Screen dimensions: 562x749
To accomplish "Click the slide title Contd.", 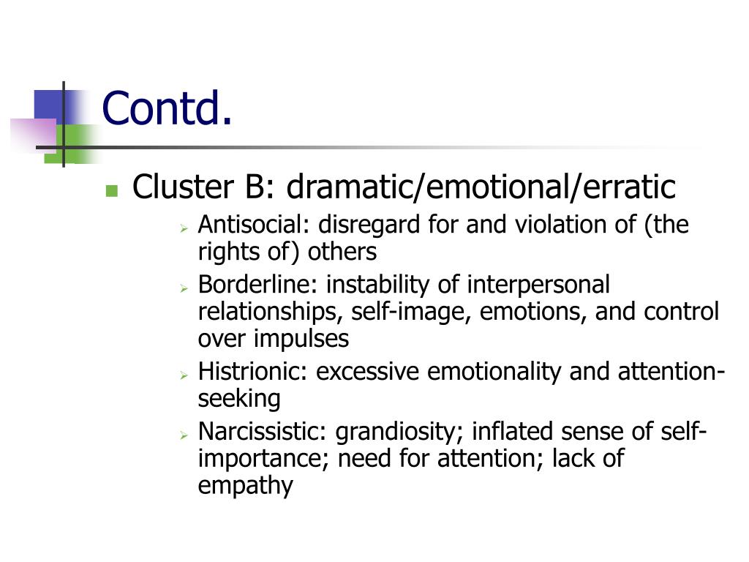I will (167, 108).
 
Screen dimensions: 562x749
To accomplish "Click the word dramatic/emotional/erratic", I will (481, 187).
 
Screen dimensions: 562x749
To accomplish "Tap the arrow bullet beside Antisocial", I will (184, 228).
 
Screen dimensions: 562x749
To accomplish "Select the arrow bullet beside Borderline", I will (184, 287).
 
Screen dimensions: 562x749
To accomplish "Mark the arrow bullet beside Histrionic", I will (184, 375).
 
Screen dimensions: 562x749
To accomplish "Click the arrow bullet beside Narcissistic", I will (184, 435).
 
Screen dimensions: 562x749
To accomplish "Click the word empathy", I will (245, 486).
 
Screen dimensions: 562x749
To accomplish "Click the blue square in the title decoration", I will (50, 104).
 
